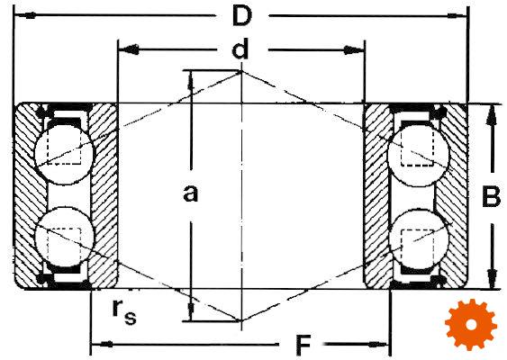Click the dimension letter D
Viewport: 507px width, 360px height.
tap(242, 16)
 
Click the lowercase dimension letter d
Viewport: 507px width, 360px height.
tap(240, 49)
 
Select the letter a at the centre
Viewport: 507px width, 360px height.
tap(190, 193)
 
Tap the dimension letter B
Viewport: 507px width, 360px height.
tap(491, 196)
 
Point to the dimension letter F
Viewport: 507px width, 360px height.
tap(303, 346)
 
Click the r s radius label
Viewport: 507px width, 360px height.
tap(124, 311)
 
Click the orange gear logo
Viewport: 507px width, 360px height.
tap(471, 325)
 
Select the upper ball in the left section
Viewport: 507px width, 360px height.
tap(65, 154)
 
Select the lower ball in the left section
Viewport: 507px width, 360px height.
tap(65, 237)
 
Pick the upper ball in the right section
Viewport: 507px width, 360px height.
tap(419, 155)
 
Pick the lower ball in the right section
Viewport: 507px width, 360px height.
tap(419, 239)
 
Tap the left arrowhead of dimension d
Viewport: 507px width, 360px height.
tap(129, 49)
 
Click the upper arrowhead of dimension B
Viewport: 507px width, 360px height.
tap(492, 116)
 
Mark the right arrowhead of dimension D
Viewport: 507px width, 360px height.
tap(457, 15)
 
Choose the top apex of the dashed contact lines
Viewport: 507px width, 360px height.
tap(241, 71)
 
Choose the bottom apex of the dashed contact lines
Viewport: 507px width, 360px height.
tap(241, 320)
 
